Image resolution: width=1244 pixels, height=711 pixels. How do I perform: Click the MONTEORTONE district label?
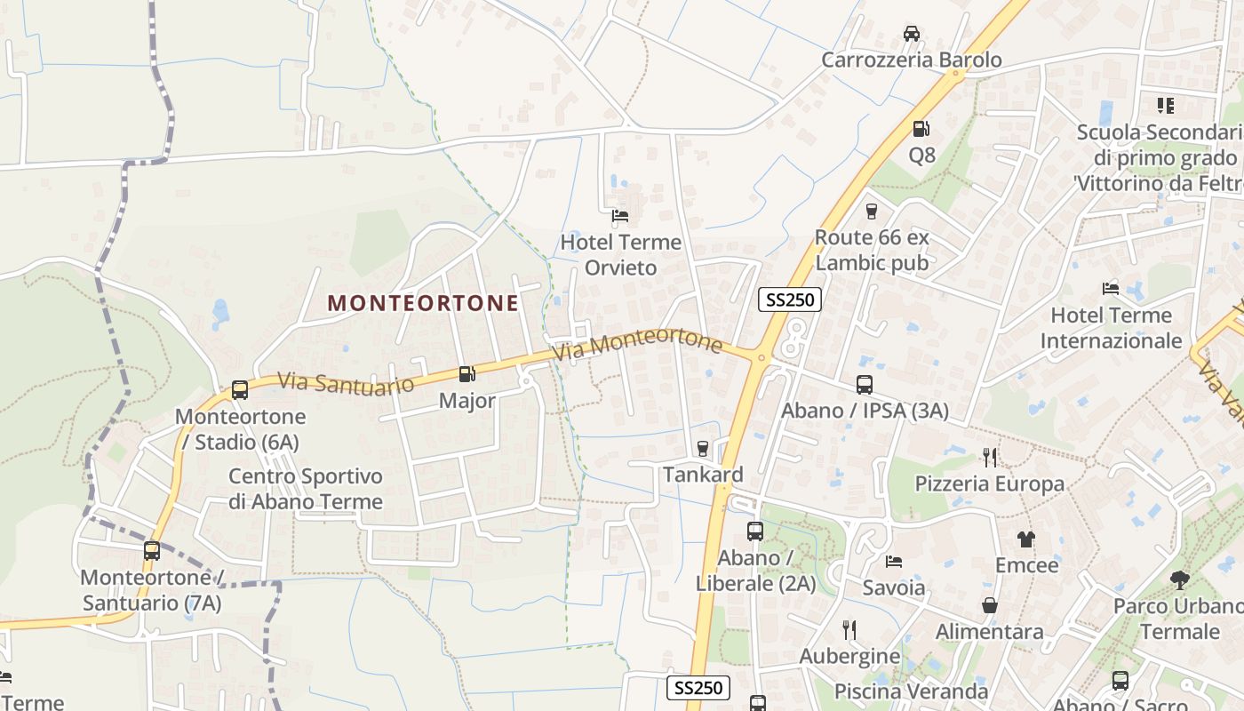[423, 303]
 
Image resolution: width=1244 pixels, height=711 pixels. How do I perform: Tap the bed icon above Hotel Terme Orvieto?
[620, 215]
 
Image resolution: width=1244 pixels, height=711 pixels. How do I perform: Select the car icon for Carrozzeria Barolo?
[911, 34]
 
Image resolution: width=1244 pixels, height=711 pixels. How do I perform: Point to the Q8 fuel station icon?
[921, 129]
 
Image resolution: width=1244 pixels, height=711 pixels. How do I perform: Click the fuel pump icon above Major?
[467, 374]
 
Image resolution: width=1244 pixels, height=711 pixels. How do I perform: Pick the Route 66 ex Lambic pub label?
[872, 250]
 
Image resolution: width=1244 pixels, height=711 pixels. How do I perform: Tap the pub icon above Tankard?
[703, 448]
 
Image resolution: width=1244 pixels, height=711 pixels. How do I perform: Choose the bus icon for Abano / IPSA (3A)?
[865, 385]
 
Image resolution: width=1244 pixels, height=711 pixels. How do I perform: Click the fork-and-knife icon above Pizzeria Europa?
[990, 458]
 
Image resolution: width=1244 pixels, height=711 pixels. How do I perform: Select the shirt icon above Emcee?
[1026, 539]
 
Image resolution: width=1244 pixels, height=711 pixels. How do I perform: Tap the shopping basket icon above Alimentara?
[990, 605]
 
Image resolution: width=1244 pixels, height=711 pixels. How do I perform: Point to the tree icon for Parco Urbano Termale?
[1179, 580]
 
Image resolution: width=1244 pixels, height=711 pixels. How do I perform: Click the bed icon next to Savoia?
[894, 562]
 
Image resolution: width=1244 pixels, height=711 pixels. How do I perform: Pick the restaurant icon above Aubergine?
[849, 630]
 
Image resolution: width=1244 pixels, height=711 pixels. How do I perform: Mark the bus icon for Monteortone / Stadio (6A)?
[240, 390]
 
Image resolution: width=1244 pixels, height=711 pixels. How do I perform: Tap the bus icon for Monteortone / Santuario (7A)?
[152, 551]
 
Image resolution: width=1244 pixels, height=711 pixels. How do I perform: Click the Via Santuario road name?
[346, 383]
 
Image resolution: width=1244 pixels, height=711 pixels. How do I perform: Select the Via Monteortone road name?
[636, 344]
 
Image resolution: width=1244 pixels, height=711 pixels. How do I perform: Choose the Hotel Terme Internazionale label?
[1111, 328]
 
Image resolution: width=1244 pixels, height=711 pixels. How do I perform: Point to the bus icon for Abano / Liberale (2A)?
[755, 531]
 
